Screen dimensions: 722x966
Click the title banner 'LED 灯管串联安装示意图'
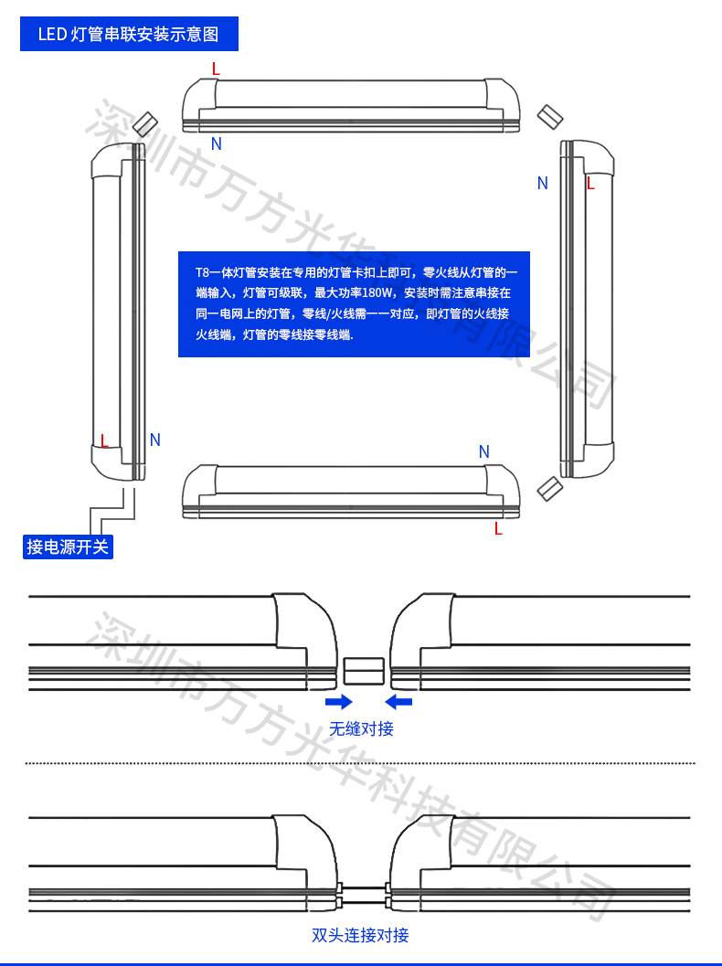click(129, 34)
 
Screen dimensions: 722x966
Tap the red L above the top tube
click(216, 69)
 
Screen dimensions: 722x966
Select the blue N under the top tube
click(217, 143)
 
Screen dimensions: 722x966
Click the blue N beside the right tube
click(542, 183)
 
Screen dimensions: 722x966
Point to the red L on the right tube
click(590, 184)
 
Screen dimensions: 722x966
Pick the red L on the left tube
click(104, 441)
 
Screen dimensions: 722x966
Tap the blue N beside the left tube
click(155, 440)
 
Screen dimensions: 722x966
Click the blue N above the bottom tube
click(484, 451)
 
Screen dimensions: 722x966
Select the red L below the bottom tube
click(498, 528)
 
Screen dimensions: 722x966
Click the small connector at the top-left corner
click(146, 123)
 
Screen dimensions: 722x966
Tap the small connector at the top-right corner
click(550, 117)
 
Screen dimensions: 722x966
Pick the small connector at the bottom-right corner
click(550, 489)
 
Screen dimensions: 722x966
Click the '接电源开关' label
click(68, 547)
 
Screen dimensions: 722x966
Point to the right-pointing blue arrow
click(339, 702)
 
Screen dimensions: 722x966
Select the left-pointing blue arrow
click(398, 702)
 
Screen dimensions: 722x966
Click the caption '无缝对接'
click(361, 728)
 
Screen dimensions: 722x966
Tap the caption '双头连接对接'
click(360, 935)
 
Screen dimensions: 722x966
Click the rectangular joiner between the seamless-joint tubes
click(364, 671)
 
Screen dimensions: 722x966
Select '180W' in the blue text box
click(377, 292)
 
